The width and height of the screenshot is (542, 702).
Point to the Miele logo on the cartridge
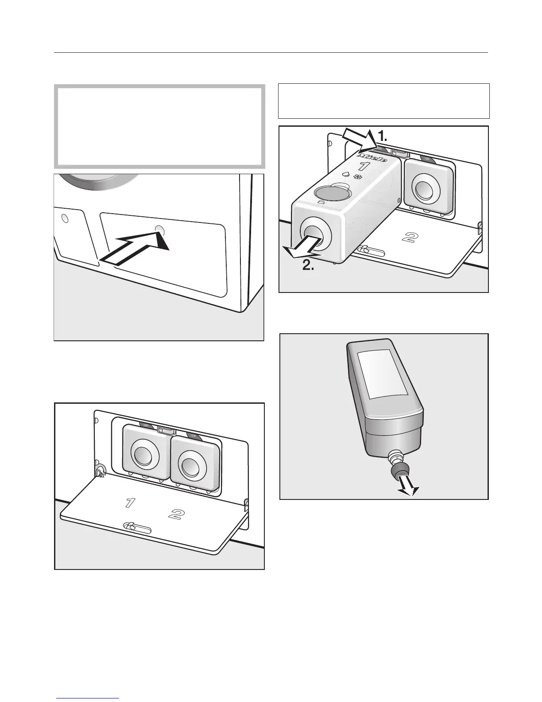coord(372,157)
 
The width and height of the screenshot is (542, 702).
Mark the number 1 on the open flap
coord(130,503)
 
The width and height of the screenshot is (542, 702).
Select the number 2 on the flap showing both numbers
coord(176,514)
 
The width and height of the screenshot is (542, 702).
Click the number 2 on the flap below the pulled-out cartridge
coord(410,237)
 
